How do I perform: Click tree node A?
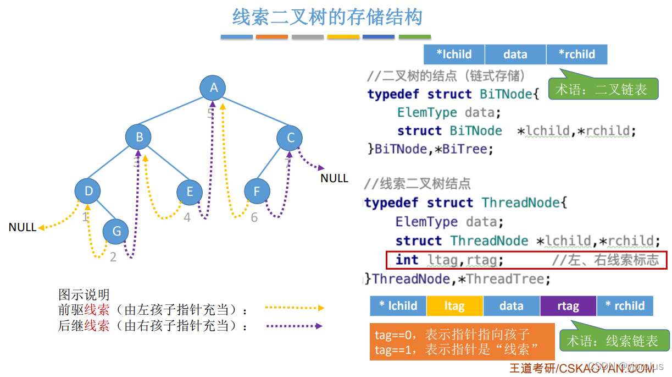click(214, 87)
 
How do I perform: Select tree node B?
click(138, 137)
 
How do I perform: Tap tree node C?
click(291, 138)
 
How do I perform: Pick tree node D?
click(88, 191)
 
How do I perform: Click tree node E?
click(190, 192)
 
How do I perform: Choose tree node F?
click(257, 192)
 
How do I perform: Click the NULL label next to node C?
click(334, 178)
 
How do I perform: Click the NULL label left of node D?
click(22, 227)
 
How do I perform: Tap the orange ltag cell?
click(454, 306)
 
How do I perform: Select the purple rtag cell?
click(568, 306)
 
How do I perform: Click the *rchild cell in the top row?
click(576, 54)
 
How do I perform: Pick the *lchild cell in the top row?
click(454, 54)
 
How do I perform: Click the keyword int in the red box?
click(407, 260)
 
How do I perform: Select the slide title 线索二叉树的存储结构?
click(327, 17)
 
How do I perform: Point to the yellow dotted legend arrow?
click(294, 308)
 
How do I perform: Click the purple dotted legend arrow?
click(294, 326)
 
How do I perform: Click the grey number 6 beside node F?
click(254, 218)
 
